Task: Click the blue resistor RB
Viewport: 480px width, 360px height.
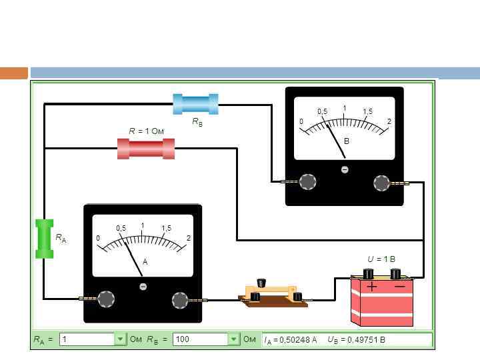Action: (x=195, y=104)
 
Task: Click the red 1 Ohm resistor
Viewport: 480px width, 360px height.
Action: (x=146, y=148)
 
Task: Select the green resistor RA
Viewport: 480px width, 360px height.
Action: (x=44, y=238)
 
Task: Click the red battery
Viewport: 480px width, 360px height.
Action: (x=382, y=301)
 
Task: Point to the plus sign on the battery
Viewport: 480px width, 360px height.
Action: (x=371, y=287)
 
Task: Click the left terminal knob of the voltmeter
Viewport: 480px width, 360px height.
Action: (x=307, y=182)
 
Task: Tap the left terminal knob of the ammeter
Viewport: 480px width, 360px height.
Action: (x=106, y=299)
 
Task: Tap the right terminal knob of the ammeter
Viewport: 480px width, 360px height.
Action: (x=180, y=300)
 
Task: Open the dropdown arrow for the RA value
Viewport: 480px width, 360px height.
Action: (x=120, y=339)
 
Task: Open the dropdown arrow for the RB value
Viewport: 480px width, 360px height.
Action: (x=233, y=339)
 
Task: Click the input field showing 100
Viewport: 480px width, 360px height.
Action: (x=201, y=339)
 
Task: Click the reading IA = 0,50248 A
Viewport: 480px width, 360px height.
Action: (x=290, y=340)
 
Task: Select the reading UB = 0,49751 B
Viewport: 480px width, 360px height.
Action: (x=356, y=340)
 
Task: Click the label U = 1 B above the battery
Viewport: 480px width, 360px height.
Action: (x=381, y=259)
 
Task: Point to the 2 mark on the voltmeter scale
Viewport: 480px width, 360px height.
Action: (x=389, y=121)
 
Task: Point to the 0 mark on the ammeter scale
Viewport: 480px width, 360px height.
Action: (x=97, y=239)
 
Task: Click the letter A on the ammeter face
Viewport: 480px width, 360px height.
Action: (x=145, y=263)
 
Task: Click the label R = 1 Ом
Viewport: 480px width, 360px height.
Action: (x=146, y=131)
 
